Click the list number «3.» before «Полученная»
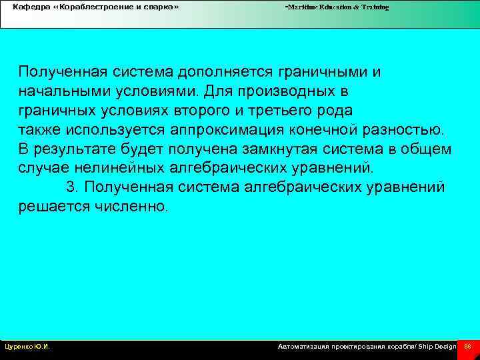(x=73, y=187)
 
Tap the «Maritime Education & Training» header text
(x=337, y=7)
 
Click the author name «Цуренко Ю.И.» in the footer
(x=27, y=347)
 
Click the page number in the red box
(x=467, y=347)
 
